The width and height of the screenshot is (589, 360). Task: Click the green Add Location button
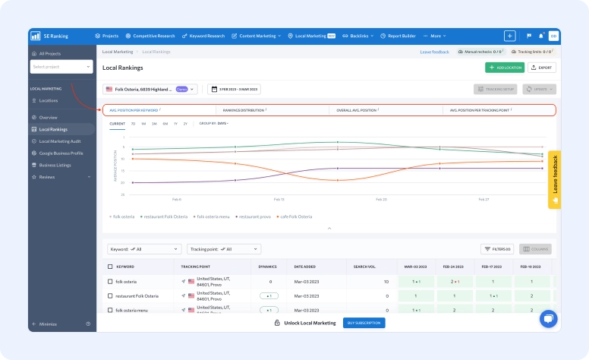pyautogui.click(x=505, y=68)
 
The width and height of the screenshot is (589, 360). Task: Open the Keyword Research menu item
pyautogui.click(x=203, y=36)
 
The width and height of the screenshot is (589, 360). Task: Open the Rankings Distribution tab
pyautogui.click(x=244, y=110)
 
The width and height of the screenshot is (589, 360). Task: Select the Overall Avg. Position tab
pyautogui.click(x=357, y=110)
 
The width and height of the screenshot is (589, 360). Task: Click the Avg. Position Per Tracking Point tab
pyautogui.click(x=480, y=110)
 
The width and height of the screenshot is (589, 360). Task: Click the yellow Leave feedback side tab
pyautogui.click(x=554, y=179)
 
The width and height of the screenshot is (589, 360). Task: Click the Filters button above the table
pyautogui.click(x=498, y=248)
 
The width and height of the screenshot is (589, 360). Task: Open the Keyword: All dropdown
pyautogui.click(x=144, y=248)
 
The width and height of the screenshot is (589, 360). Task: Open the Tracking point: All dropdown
pyautogui.click(x=223, y=248)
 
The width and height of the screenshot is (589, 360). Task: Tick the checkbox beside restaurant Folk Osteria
pyautogui.click(x=110, y=295)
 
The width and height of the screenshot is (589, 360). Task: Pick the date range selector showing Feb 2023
pyautogui.click(x=234, y=89)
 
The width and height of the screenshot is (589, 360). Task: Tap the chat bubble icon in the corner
pyautogui.click(x=547, y=319)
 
